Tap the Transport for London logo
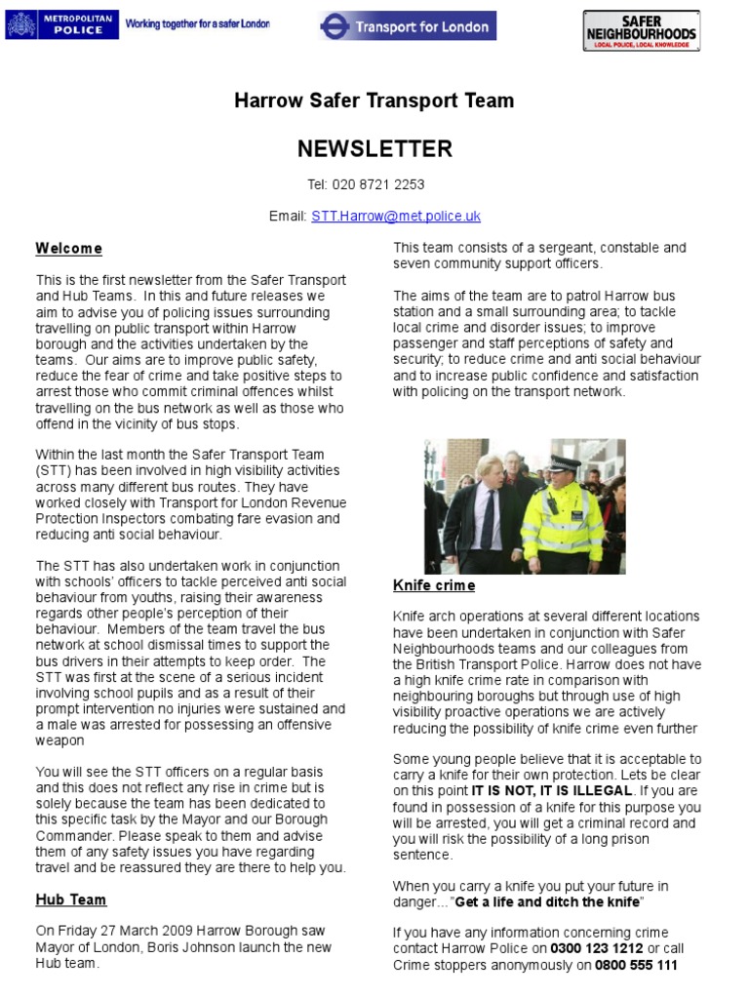click(408, 26)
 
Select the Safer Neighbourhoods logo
click(641, 30)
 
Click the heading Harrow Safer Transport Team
click(374, 100)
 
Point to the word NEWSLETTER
click(374, 148)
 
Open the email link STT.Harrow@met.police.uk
click(396, 216)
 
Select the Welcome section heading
click(68, 249)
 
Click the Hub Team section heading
click(71, 899)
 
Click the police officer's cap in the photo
click(563, 462)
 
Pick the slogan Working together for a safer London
click(198, 23)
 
